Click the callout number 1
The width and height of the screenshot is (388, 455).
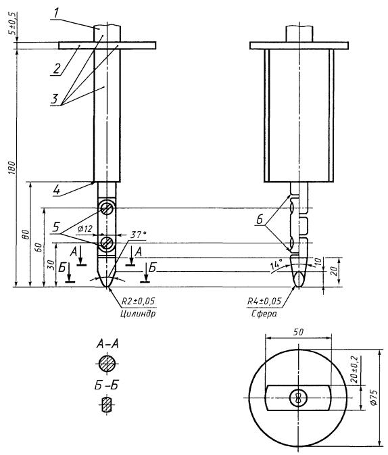[x=55, y=13]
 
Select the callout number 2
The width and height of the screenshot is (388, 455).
[x=56, y=69]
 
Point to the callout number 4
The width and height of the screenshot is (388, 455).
[x=57, y=190]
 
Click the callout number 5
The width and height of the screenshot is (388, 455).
[x=56, y=227]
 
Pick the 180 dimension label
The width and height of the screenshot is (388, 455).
[x=11, y=168]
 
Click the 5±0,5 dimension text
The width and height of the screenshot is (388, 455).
[x=12, y=24]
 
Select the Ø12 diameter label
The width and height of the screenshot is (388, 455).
[x=84, y=229]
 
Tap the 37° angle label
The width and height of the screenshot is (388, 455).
[x=138, y=235]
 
